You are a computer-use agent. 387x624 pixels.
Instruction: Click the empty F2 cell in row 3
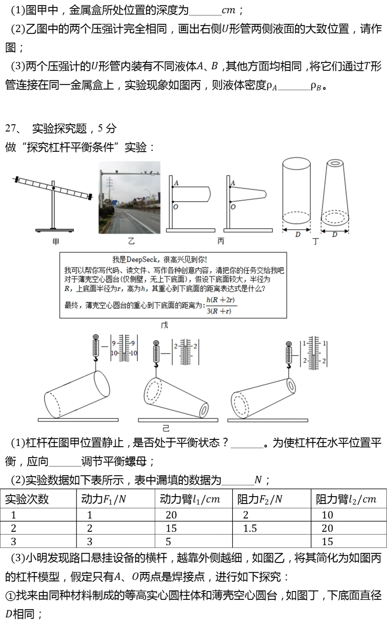(272, 541)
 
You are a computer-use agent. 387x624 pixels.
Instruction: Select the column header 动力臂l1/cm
(190, 499)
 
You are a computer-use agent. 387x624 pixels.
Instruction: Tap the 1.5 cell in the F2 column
(250, 528)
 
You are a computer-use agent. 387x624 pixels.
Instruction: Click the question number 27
(11, 128)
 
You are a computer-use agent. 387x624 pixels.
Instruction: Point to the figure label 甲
(56, 242)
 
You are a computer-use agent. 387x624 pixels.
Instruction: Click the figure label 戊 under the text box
(164, 325)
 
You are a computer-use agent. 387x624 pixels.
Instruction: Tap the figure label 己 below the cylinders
(166, 428)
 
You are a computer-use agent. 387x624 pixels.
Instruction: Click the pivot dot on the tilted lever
(53, 188)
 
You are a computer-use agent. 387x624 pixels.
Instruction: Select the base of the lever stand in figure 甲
(54, 230)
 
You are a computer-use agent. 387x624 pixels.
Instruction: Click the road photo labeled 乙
(129, 197)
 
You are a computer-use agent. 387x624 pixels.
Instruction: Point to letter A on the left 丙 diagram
(176, 183)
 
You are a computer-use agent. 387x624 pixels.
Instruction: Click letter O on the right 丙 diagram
(233, 207)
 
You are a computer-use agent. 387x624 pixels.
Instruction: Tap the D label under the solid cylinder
(297, 235)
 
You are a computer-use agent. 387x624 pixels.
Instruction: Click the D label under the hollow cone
(334, 235)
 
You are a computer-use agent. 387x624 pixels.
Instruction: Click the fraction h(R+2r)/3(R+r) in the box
(221, 306)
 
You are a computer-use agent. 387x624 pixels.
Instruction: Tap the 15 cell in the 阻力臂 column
(327, 541)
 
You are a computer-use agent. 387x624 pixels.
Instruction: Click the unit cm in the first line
(228, 10)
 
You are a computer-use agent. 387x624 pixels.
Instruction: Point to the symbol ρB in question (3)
(316, 86)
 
